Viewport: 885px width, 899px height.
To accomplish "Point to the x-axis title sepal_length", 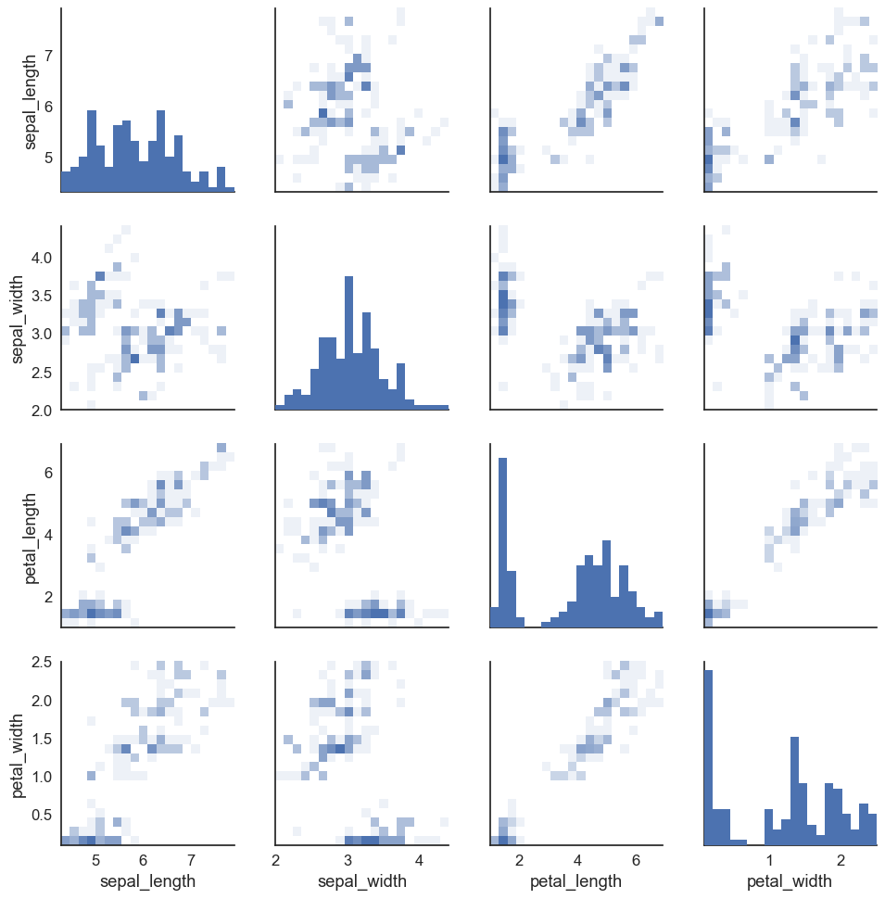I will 147,880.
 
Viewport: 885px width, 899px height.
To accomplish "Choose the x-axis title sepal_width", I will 362,880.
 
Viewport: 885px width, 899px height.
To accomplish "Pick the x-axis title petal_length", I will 576,880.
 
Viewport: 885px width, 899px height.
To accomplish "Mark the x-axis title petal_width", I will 790,880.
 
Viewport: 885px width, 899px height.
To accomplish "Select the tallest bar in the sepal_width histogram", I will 349,343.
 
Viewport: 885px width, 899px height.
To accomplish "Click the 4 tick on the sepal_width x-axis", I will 418,859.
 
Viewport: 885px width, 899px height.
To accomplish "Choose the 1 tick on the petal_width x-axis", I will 769,859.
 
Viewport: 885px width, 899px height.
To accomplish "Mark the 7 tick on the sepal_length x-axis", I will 191,859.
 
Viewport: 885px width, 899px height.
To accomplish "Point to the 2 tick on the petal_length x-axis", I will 519,859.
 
